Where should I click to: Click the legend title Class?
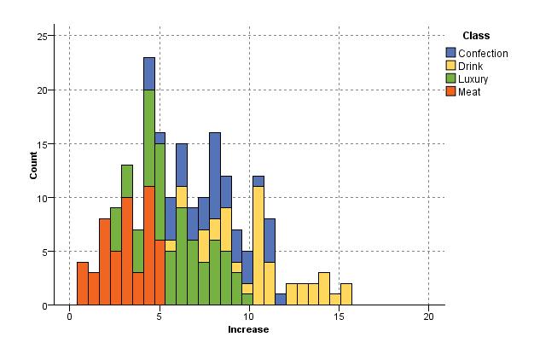475,36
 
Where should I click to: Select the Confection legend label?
483,54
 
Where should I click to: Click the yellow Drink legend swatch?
451,66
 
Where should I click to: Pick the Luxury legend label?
473,78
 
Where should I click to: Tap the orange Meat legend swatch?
451,91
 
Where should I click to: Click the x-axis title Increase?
248,329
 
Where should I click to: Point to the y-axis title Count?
34,165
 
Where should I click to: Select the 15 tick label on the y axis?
46,143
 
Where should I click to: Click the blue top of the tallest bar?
149,73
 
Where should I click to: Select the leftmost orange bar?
83,283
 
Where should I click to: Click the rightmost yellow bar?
346,294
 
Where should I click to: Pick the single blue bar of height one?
281,299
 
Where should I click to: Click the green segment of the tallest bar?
149,137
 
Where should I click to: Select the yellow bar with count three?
324,289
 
